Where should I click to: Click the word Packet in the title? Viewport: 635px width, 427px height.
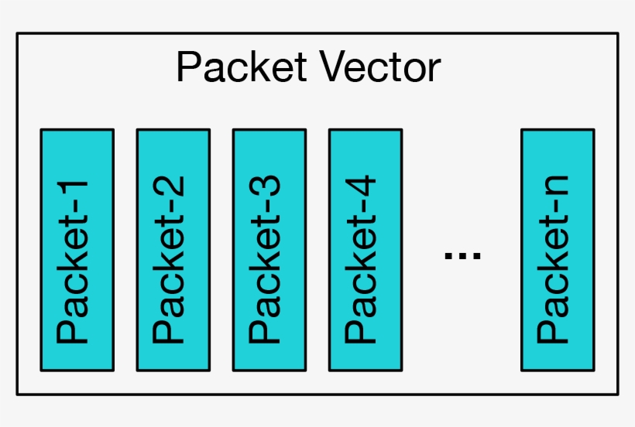(x=240, y=68)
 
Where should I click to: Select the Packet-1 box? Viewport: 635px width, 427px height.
(x=77, y=249)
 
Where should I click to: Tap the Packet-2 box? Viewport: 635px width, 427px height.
(x=173, y=249)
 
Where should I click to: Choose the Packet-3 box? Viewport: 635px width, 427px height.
(x=269, y=249)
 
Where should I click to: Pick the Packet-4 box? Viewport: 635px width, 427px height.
(x=365, y=249)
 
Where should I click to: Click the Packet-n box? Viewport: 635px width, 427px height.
(x=558, y=249)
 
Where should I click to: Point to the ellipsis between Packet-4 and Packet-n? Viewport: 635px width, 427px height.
(x=462, y=254)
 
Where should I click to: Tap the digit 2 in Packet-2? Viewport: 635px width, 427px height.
(x=171, y=189)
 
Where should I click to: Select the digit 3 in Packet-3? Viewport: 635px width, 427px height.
(x=267, y=189)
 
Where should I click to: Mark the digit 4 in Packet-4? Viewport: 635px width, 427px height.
(x=363, y=189)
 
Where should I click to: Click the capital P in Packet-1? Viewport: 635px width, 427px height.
(x=75, y=330)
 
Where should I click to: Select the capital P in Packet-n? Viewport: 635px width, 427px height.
(x=556, y=330)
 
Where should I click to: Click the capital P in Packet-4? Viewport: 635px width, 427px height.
(x=363, y=330)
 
